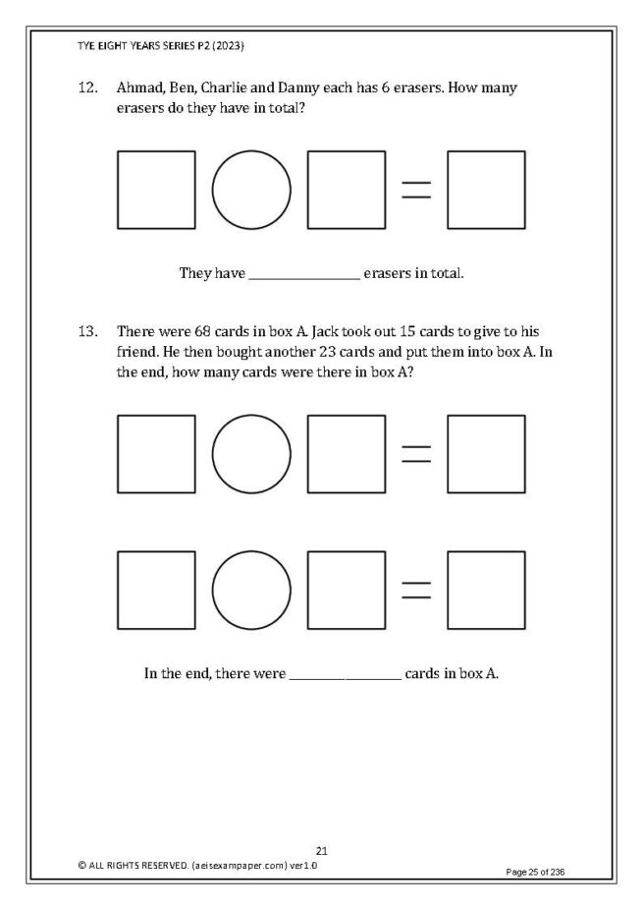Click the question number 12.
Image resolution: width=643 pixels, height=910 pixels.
point(87,88)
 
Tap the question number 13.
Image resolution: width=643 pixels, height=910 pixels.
point(87,331)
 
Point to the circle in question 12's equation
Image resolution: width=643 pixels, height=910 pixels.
point(251,190)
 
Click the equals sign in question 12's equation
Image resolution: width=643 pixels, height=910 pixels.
point(416,190)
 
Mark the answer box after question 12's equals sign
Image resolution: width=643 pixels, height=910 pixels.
point(486,190)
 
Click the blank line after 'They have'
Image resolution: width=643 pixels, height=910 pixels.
point(304,273)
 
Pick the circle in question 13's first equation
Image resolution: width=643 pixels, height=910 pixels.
point(251,454)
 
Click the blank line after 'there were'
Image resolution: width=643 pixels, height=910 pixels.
point(346,674)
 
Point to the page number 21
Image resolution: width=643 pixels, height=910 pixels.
point(321,850)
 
